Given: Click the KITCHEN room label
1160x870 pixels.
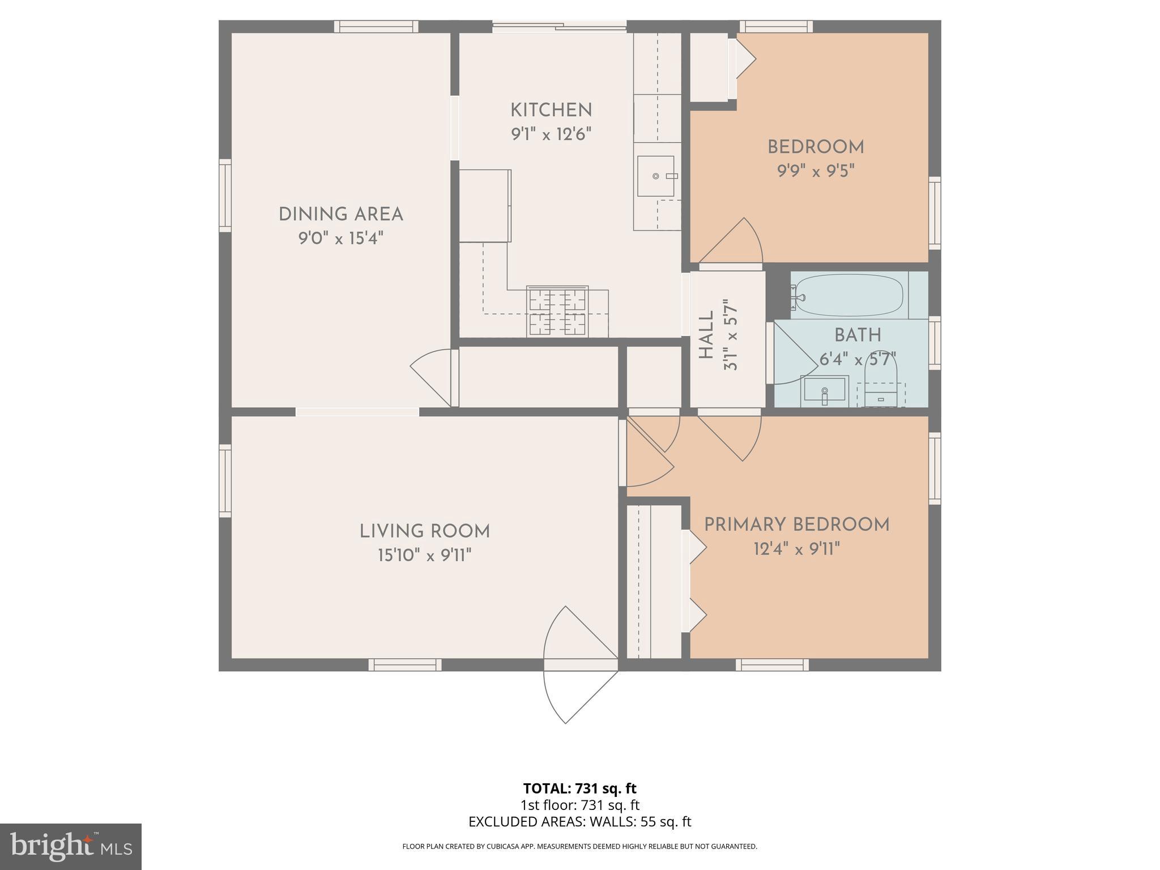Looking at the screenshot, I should [x=551, y=110].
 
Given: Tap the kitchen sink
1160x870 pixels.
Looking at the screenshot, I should [x=656, y=176].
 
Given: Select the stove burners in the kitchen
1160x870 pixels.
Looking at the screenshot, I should [x=557, y=312].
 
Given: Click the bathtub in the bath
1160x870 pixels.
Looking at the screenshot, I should [x=850, y=295].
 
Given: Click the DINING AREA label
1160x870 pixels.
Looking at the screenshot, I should [x=340, y=215].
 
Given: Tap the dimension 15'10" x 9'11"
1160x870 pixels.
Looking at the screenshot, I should [x=424, y=556].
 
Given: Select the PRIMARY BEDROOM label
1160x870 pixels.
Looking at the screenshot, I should [x=796, y=525].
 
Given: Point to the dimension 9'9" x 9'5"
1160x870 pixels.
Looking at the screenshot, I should [x=815, y=171].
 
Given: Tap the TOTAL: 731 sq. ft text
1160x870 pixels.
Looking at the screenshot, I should [x=579, y=788].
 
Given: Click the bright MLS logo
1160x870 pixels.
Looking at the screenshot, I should [x=71, y=846].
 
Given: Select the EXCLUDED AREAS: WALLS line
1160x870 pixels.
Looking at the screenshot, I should [x=579, y=822].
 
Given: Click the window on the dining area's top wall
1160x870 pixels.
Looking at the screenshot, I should [x=376, y=26].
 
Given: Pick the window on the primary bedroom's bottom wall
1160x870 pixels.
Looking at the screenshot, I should [x=772, y=665].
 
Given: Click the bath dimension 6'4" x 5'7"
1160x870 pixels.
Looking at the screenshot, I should [x=858, y=360].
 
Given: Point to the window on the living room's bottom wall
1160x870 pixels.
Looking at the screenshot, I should [x=405, y=665].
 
